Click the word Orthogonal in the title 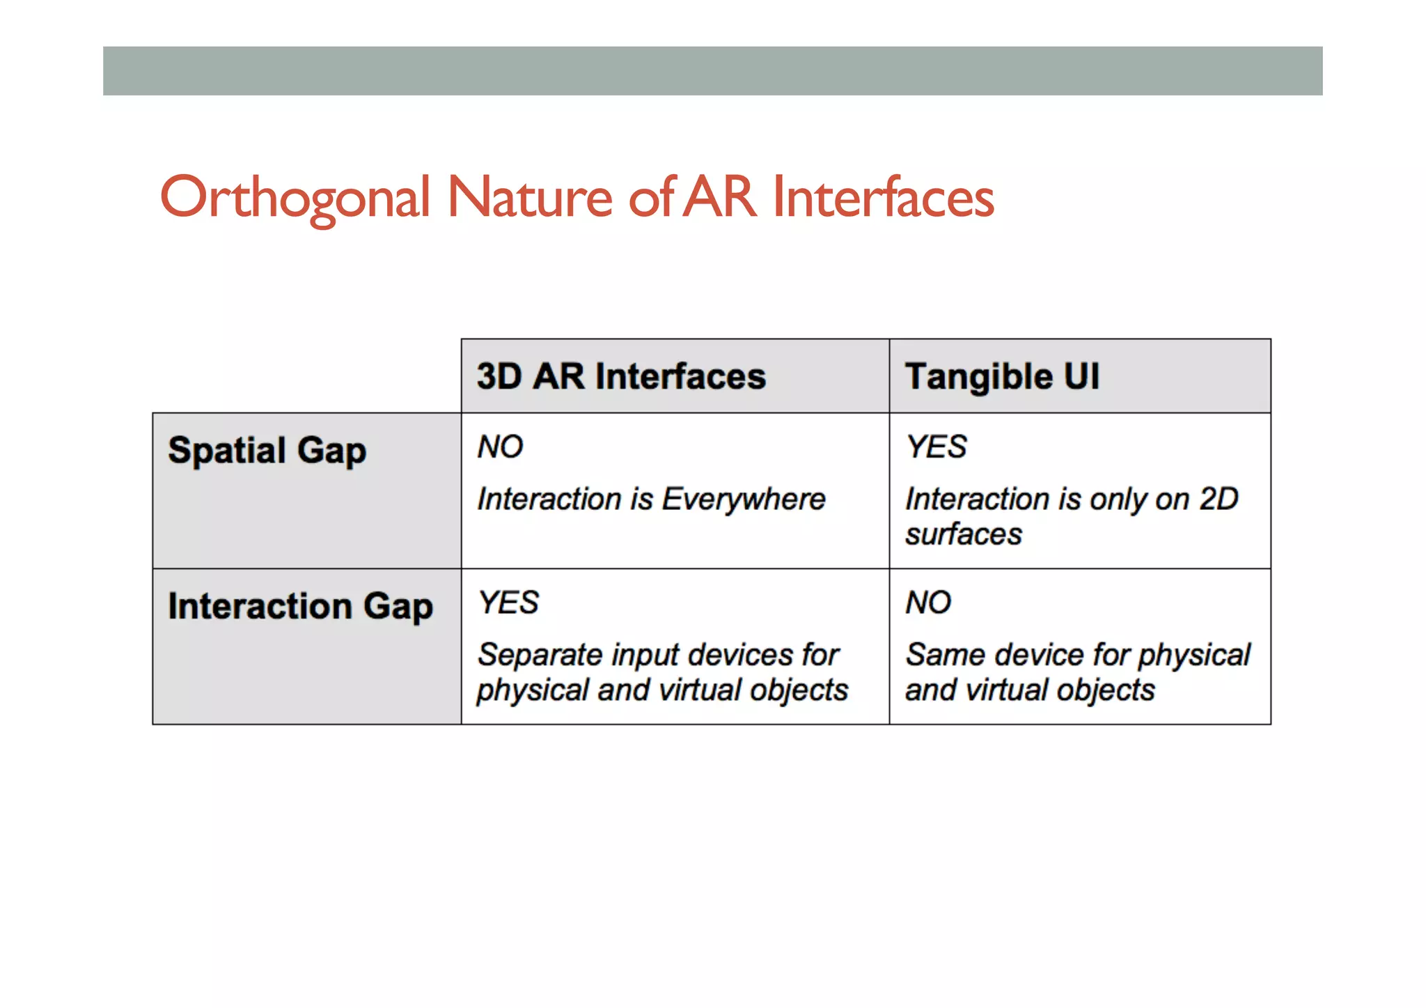pos(295,198)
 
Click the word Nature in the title pos(529,198)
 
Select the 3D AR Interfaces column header pos(621,376)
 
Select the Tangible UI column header pos(1002,376)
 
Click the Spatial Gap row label pos(267,451)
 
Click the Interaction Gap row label pos(300,606)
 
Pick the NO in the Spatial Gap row pos(500,447)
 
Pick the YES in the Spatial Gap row pos(936,447)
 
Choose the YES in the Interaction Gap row pos(508,603)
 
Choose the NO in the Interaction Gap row pos(927,603)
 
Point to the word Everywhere pos(743,499)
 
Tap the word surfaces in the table pos(963,535)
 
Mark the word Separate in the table pos(539,656)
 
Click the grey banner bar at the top pos(712,71)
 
